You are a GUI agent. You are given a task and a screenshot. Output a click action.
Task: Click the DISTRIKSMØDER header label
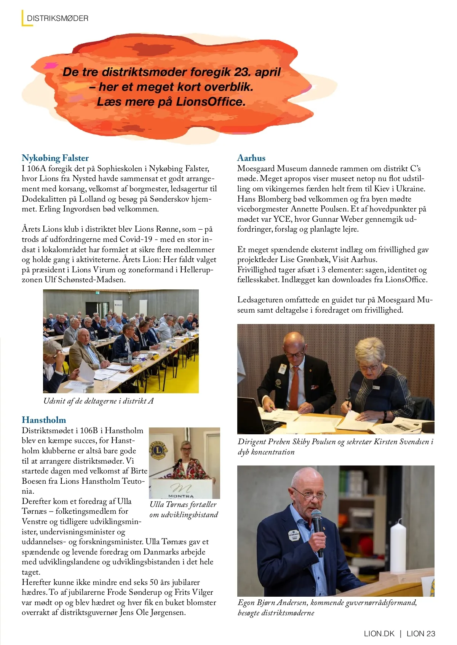[58, 18]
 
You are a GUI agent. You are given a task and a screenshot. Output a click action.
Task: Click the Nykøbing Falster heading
[55, 158]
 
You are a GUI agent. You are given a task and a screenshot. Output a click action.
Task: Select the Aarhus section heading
[251, 158]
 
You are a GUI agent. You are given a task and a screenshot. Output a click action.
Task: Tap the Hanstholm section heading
[44, 420]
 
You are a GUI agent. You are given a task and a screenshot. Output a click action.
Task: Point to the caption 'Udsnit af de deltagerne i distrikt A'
[98, 401]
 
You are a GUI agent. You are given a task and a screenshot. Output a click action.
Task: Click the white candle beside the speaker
[398, 548]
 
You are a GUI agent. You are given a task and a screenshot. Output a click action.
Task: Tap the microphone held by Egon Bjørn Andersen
[316, 519]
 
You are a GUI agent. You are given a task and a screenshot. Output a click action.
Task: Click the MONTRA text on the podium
[181, 496]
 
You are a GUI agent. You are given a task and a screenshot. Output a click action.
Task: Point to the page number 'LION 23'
[421, 634]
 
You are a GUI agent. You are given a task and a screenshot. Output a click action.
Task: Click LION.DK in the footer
[379, 634]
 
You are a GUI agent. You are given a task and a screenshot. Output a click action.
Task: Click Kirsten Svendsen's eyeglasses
[368, 367]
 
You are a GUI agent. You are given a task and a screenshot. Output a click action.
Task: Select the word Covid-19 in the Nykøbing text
[136, 239]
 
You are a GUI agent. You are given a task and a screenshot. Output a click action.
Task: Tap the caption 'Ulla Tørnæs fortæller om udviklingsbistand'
[184, 510]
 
